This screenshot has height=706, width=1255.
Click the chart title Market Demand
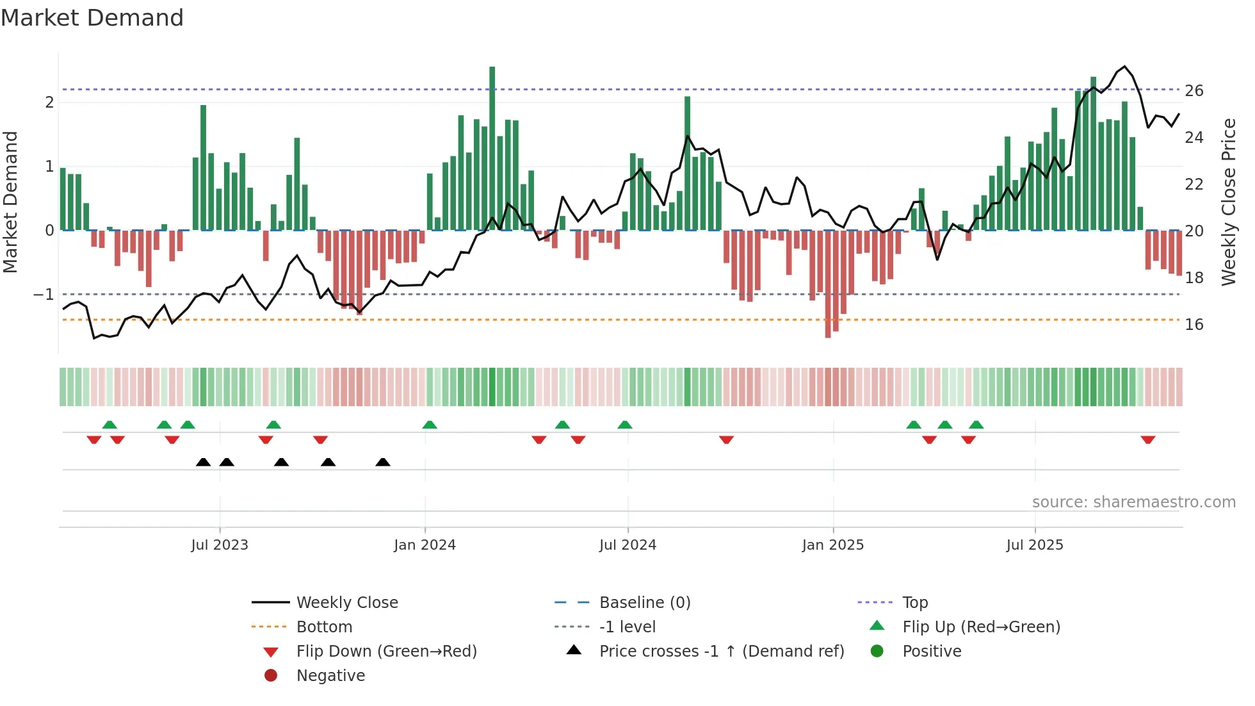(x=92, y=18)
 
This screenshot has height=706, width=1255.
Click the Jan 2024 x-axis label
(x=425, y=545)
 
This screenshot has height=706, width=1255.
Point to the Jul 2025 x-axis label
(x=1034, y=545)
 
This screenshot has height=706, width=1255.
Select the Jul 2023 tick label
(x=220, y=545)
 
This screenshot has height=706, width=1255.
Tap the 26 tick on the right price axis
(x=1194, y=91)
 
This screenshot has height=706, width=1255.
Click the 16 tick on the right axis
(x=1194, y=325)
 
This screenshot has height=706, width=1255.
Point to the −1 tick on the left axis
(x=44, y=295)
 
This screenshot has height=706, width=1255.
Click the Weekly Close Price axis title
(x=1228, y=202)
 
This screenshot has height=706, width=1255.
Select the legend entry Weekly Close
(x=346, y=603)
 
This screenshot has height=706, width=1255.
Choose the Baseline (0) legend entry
(x=644, y=603)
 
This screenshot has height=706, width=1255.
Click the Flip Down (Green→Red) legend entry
(x=386, y=652)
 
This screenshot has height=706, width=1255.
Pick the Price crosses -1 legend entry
(x=721, y=652)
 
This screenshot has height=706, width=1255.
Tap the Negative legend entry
(x=330, y=676)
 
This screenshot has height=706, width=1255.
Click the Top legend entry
(x=914, y=603)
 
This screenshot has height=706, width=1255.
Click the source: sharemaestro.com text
(x=1133, y=502)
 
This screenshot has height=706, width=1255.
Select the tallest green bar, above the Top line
(x=492, y=147)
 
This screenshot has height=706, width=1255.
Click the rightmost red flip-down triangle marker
(x=1147, y=439)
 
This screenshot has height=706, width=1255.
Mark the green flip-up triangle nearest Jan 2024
(x=430, y=425)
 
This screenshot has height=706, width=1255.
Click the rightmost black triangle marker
(x=383, y=462)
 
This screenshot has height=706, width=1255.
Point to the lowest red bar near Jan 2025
(x=828, y=285)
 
